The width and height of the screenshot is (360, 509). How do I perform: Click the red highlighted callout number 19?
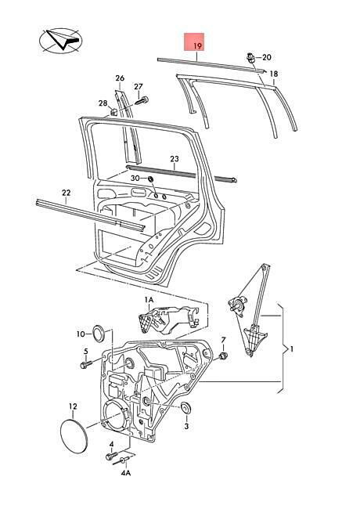coord(197,45)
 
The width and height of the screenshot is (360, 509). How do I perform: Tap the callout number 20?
coord(266,57)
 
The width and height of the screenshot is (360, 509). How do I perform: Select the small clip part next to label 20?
coord(251,58)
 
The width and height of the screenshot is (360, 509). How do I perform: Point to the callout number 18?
coord(274,74)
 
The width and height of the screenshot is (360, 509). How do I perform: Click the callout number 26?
coord(120,78)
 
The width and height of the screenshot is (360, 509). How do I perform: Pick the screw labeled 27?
coord(140,100)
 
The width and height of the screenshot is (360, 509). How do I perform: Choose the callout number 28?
coord(103,103)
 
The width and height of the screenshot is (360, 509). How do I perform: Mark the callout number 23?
coord(175,159)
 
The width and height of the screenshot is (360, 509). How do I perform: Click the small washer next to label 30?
coord(151,179)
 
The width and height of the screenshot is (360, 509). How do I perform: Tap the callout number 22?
coord(66,193)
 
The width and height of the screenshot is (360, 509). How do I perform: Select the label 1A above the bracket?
coord(149,299)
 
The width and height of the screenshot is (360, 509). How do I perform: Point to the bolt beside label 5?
coord(86,364)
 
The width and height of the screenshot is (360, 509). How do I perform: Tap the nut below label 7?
coord(223,356)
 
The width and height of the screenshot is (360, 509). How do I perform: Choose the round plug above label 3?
coord(186,408)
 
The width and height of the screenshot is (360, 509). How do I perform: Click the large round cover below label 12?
coord(74,435)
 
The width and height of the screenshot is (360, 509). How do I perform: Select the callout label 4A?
coord(126,473)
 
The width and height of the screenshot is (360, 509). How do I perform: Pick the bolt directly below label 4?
coord(110,457)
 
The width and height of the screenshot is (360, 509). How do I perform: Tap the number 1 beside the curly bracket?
coord(292,349)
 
